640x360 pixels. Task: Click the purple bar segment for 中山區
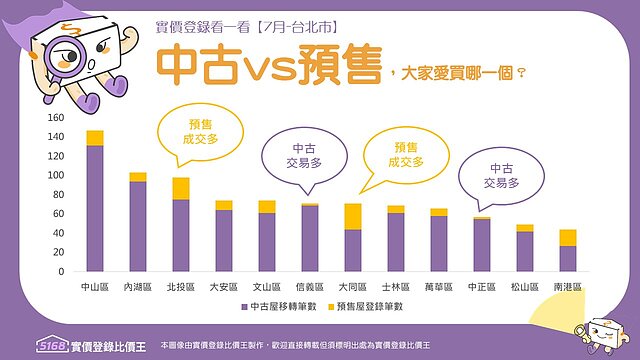tap(95, 208)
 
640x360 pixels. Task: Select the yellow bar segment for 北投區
tap(181, 188)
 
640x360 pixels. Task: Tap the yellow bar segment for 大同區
tap(353, 216)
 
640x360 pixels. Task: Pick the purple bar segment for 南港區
tap(568, 258)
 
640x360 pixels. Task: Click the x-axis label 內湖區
tap(138, 287)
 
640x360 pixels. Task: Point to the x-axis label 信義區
tap(310, 287)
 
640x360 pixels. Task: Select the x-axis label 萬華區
tap(439, 287)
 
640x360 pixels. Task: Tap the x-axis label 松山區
tap(525, 287)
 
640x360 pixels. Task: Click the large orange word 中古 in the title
tap(198, 66)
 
